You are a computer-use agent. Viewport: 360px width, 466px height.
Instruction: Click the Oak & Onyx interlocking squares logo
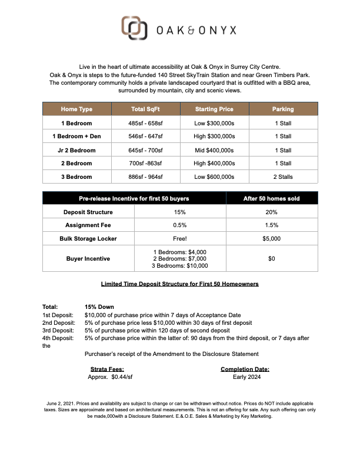click(134, 28)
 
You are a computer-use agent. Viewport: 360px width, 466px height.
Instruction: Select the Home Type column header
click(76, 109)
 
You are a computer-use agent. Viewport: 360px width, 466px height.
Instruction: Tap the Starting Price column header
click(214, 109)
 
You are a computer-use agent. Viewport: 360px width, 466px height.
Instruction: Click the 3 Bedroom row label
click(76, 177)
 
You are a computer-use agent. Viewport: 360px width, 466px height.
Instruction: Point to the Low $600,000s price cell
click(214, 177)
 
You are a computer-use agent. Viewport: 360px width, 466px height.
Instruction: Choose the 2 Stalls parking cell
click(283, 177)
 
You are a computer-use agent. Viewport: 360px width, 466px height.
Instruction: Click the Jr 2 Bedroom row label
click(76, 150)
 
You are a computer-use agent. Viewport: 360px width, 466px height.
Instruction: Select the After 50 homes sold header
click(271, 198)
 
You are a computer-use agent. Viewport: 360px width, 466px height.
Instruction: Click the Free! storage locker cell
click(179, 238)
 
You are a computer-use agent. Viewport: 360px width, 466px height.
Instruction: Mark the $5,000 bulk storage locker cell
click(271, 238)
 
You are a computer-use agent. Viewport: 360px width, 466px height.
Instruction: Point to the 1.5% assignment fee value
click(271, 225)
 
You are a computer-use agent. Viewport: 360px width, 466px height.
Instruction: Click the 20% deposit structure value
click(271, 212)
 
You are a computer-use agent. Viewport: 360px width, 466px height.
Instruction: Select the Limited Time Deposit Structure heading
click(179, 284)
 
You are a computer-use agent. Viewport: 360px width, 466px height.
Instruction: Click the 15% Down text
click(99, 307)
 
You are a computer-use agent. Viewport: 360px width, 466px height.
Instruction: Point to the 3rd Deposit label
click(59, 330)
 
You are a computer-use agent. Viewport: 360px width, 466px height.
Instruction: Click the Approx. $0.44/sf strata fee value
click(110, 377)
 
